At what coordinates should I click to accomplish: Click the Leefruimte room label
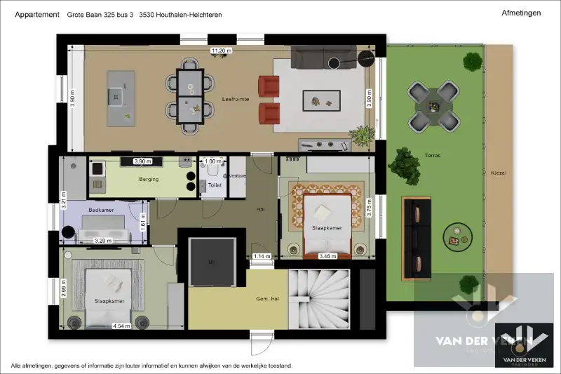(231, 100)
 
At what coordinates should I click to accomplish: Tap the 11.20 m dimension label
(222, 51)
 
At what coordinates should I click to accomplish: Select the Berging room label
(149, 180)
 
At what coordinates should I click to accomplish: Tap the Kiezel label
(499, 173)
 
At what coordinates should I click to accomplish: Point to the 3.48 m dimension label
(327, 256)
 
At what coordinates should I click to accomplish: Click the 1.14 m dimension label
(262, 256)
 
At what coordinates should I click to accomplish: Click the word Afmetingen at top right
(521, 13)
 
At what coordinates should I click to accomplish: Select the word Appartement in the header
(36, 14)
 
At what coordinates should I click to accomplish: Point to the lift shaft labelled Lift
(211, 260)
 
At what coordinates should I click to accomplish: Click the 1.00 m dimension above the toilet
(211, 161)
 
